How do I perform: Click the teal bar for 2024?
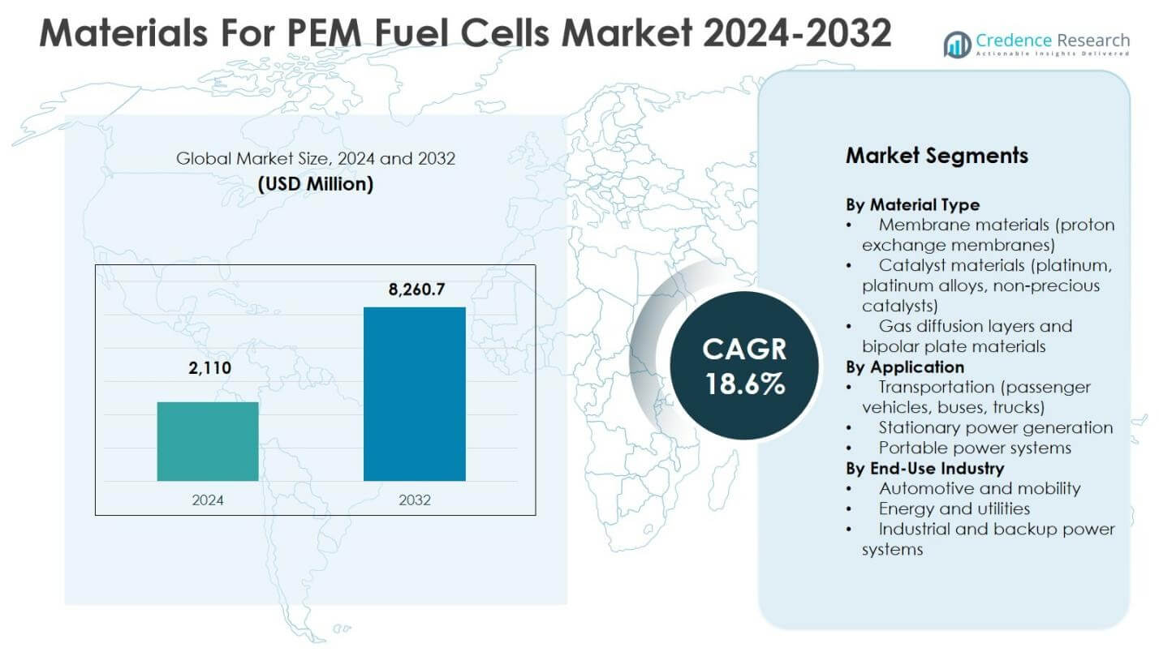click(x=208, y=441)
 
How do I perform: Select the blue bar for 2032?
click(x=414, y=394)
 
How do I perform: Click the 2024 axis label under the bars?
click(x=208, y=500)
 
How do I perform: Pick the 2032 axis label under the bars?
click(x=415, y=500)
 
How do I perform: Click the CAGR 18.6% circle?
click(x=744, y=365)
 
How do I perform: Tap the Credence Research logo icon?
click(x=958, y=44)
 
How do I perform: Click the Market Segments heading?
click(x=937, y=156)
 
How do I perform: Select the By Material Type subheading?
click(x=912, y=204)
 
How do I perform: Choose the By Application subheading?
click(x=905, y=367)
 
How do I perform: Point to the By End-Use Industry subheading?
click(x=924, y=468)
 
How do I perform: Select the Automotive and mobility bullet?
click(x=979, y=488)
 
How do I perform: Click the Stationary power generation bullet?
click(x=995, y=427)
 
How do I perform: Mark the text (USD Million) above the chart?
click(x=316, y=184)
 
